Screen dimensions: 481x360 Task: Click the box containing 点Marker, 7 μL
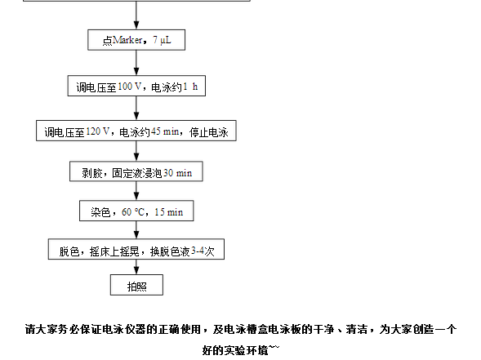point(136,40)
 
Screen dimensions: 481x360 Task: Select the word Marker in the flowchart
point(127,40)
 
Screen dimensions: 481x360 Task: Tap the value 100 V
point(130,87)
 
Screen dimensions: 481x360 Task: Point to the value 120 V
point(97,131)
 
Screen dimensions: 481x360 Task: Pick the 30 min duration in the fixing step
point(177,173)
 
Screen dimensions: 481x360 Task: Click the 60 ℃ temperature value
point(133,212)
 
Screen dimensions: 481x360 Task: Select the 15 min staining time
point(169,212)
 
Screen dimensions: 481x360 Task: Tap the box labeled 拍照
point(137,285)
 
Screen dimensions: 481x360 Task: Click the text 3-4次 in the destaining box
point(203,251)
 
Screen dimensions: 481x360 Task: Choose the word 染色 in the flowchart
point(100,212)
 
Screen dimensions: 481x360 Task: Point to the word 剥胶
point(91,173)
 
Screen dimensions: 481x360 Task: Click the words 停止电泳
point(209,132)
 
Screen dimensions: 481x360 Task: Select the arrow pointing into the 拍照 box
point(136,267)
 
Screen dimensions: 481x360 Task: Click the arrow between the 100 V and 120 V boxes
point(136,108)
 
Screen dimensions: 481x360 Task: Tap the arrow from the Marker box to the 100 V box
point(136,63)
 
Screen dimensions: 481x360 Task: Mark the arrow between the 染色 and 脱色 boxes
point(136,230)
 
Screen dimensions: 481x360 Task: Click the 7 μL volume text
point(163,40)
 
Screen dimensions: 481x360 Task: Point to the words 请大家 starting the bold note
point(42,329)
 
